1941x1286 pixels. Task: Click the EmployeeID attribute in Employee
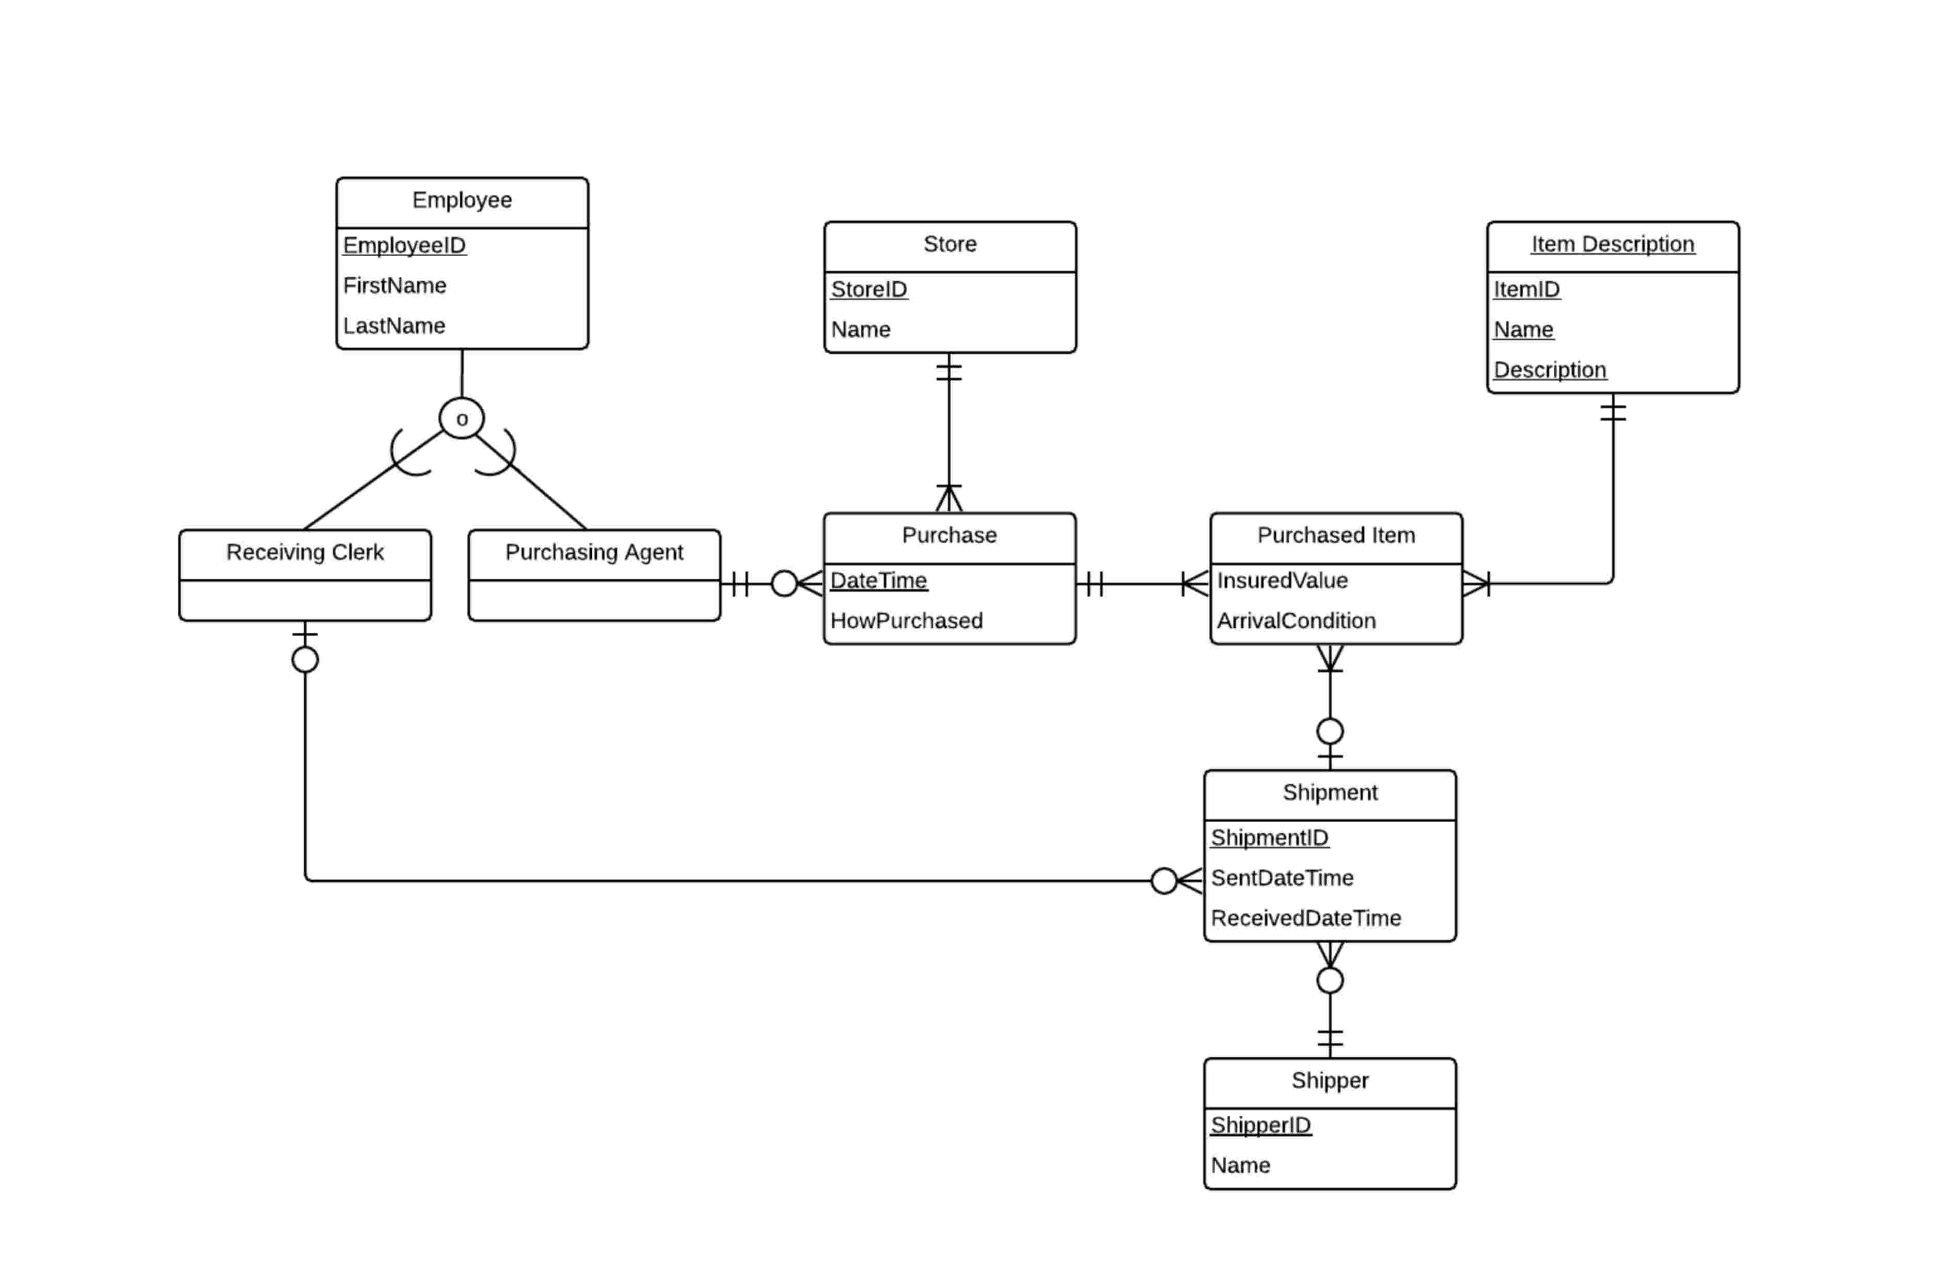click(404, 245)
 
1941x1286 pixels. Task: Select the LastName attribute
click(393, 325)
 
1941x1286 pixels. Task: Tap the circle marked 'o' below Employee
click(462, 418)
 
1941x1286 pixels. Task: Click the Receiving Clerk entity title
click(305, 552)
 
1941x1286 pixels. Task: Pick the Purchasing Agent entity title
click(594, 552)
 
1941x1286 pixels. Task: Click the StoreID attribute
click(869, 290)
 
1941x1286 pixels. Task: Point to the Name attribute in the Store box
click(860, 330)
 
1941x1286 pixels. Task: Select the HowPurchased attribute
click(906, 621)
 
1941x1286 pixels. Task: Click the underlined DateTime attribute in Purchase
click(878, 581)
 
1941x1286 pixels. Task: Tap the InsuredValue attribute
click(1282, 581)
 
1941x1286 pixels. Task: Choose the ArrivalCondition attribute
click(1296, 621)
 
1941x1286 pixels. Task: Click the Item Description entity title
click(1612, 244)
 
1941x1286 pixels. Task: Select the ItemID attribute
click(1526, 290)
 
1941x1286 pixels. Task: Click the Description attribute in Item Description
click(1549, 370)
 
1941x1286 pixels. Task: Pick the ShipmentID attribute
click(1269, 837)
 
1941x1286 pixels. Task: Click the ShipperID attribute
click(1260, 1125)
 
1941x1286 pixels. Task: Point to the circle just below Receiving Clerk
click(305, 660)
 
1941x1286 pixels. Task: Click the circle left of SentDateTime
click(1163, 881)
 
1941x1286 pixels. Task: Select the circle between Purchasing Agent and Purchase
click(784, 584)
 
